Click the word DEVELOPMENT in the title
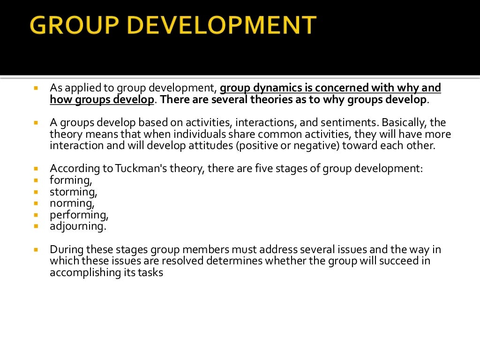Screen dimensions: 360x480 (223, 25)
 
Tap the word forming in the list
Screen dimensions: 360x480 (70, 180)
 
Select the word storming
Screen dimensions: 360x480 (73, 192)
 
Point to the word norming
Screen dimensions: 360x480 (72, 203)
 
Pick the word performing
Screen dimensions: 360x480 (79, 215)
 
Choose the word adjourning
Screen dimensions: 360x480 (78, 226)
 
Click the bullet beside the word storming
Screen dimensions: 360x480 (36, 192)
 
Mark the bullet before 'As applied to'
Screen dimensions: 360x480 (36, 88)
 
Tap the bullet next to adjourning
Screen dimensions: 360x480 (36, 226)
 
